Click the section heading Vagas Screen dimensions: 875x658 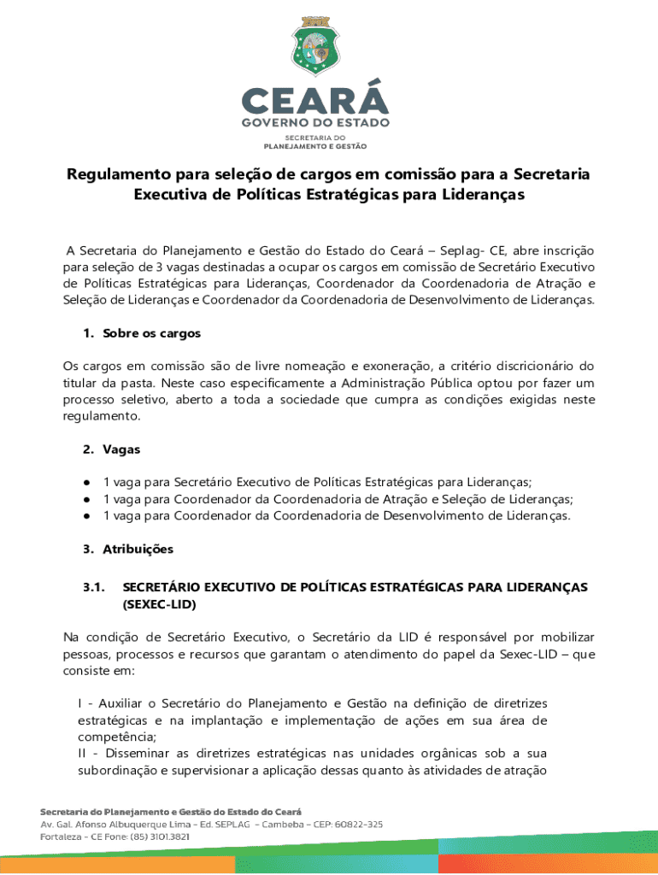[121, 449]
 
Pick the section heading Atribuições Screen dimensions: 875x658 [138, 549]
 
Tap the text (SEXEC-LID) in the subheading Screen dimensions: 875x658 [160, 604]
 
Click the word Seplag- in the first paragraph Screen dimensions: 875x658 [461, 250]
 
